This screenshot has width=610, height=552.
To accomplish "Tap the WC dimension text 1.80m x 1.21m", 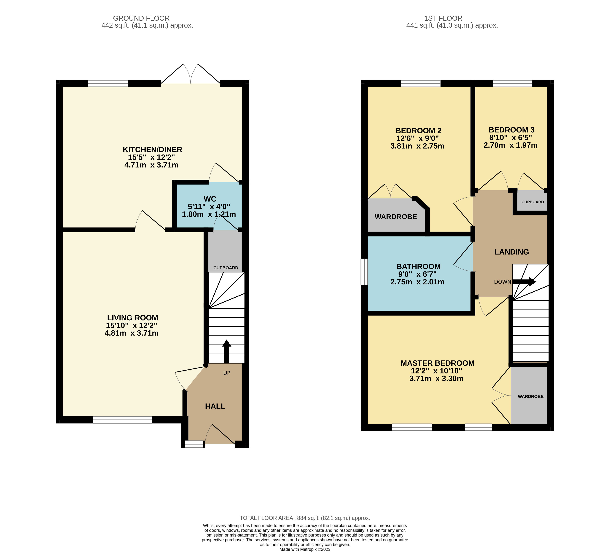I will [209, 214].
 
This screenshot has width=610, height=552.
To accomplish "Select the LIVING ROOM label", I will [133, 318].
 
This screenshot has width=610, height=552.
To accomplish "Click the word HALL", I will [215, 406].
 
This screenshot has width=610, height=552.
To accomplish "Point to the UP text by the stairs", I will [227, 373].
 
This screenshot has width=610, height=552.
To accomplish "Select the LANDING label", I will [511, 252].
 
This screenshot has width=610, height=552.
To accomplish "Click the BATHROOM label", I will [418, 267].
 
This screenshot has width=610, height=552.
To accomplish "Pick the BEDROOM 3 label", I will [511, 130].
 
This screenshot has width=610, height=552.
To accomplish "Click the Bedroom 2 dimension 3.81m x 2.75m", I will [417, 146].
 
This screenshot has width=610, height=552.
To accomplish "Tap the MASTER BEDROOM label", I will [437, 363].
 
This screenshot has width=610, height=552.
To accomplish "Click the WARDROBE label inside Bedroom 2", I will [396, 217].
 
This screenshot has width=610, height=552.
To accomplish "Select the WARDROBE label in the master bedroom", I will [530, 396].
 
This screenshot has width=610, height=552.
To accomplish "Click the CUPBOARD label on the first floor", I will [533, 202].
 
